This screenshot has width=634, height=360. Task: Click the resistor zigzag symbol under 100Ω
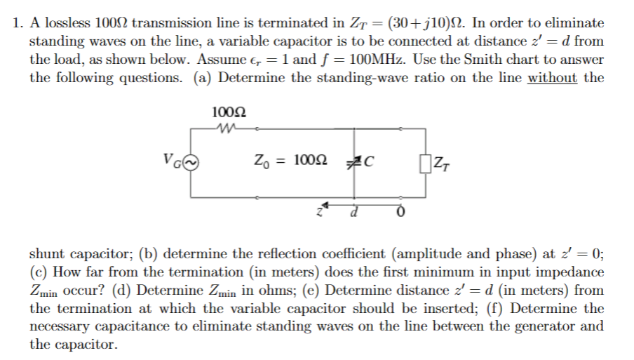[x=227, y=128]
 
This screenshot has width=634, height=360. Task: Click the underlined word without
[x=552, y=77]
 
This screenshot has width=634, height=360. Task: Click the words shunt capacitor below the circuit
[x=80, y=254]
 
